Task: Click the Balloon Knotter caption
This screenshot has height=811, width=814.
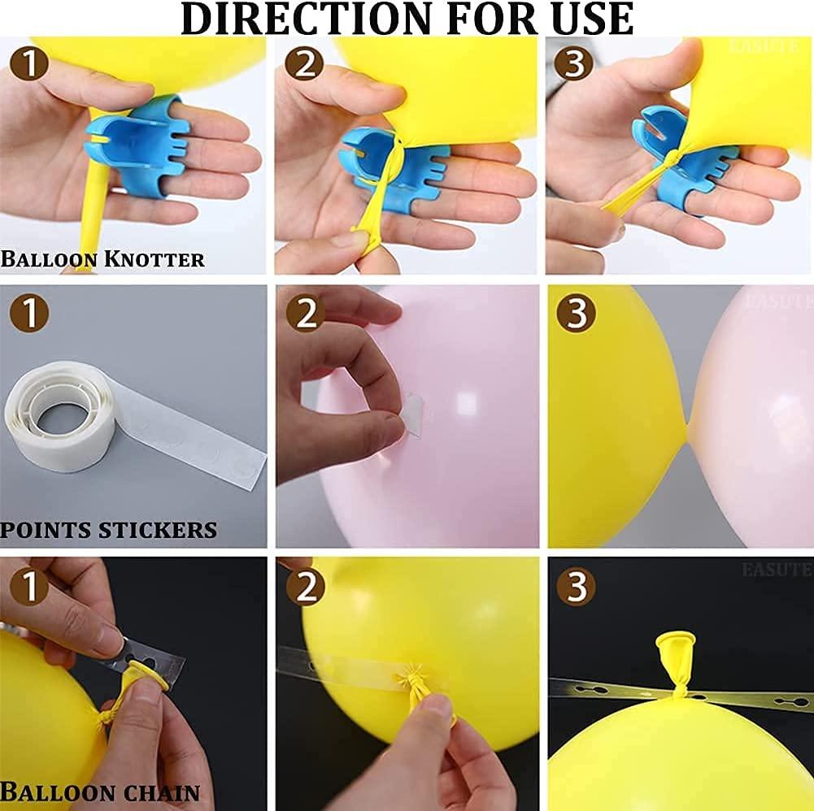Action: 102,259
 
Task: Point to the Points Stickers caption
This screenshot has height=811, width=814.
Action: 108,531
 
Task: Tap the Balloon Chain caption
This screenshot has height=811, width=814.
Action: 100,792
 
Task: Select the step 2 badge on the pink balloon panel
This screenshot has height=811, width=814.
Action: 305,314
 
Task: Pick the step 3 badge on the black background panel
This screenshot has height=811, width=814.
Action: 576,587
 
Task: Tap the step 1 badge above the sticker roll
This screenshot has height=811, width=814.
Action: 29,314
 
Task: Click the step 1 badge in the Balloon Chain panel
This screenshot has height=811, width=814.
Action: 29,587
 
